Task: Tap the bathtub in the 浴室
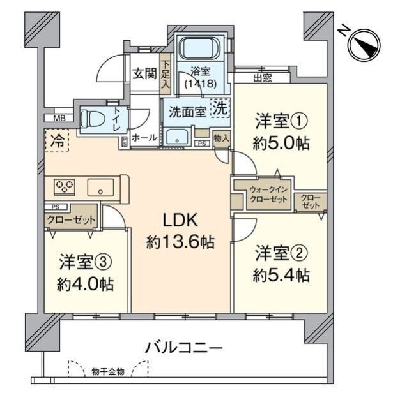pyautogui.click(x=201, y=48)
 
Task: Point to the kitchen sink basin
pyautogui.click(x=100, y=188)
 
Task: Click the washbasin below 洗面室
pyautogui.click(x=177, y=137)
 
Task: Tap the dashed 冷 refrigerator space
pyautogui.click(x=57, y=140)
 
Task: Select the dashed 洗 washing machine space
pyautogui.click(x=220, y=108)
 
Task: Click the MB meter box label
pyautogui.click(x=59, y=118)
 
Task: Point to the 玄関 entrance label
pyautogui.click(x=144, y=74)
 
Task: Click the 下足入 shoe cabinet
pyautogui.click(x=166, y=74)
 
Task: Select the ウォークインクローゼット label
pyautogui.click(x=268, y=195)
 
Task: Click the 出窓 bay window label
pyautogui.click(x=263, y=78)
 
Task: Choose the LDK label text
pyautogui.click(x=180, y=220)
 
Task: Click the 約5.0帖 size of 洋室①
pyautogui.click(x=281, y=144)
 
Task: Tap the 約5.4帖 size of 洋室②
pyautogui.click(x=281, y=275)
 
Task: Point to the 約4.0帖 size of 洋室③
pyautogui.click(x=85, y=284)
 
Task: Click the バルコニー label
pyautogui.click(x=183, y=348)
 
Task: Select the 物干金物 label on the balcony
pyautogui.click(x=108, y=372)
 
